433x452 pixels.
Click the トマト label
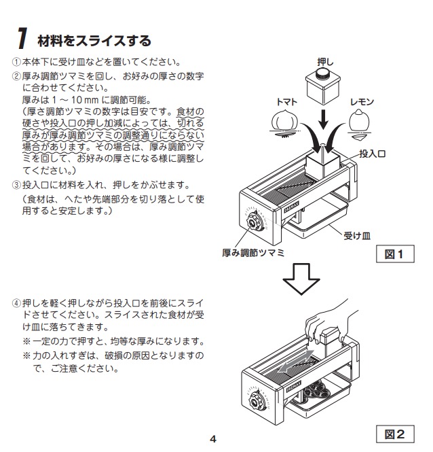pyautogui.click(x=286, y=101)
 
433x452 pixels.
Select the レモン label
pyautogui.click(x=362, y=101)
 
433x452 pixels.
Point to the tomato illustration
pyautogui.click(x=285, y=122)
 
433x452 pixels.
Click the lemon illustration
pyautogui.click(x=362, y=122)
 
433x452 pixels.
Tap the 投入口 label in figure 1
pyautogui.click(x=373, y=154)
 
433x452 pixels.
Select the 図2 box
pyautogui.click(x=395, y=433)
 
